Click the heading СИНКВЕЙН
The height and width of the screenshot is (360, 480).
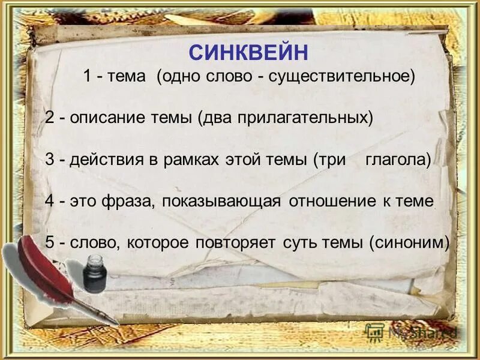pos(248,52)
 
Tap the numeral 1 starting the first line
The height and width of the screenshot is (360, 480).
pos(87,77)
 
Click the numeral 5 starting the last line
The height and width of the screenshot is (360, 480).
pos(49,242)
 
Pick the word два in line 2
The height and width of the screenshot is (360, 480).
pos(216,118)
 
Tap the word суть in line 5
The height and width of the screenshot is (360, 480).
pos(297,242)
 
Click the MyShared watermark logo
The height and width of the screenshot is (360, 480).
pos(412,331)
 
